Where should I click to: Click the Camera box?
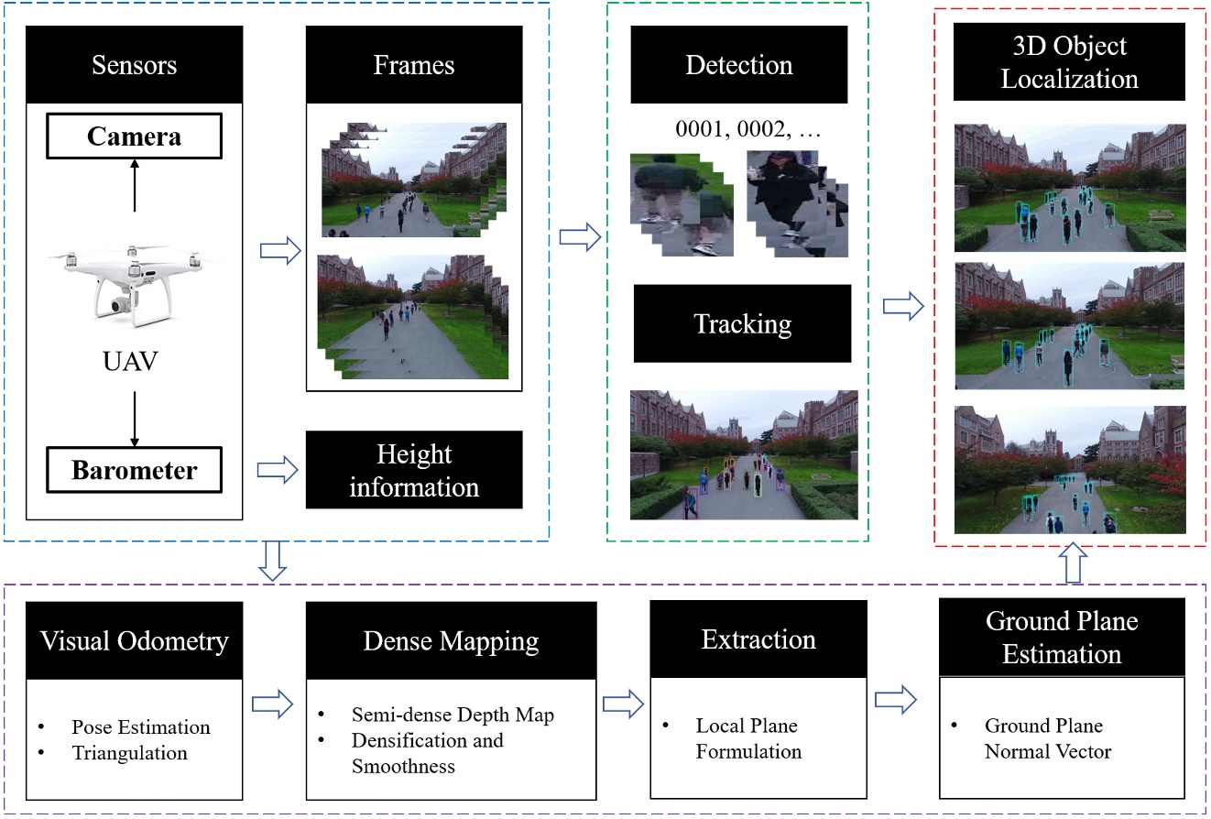click(x=134, y=137)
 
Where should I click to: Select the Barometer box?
click(x=134, y=471)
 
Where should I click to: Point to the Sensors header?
click(x=134, y=65)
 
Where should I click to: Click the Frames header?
click(x=414, y=65)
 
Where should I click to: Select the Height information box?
click(x=414, y=470)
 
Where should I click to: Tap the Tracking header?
click(x=742, y=323)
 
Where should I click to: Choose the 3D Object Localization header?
click(x=1069, y=63)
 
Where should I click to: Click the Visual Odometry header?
click(x=135, y=640)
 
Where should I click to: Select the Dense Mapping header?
click(x=451, y=640)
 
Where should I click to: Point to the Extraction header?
click(x=758, y=639)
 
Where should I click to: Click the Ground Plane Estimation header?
click(x=1062, y=638)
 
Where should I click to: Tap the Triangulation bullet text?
click(x=129, y=753)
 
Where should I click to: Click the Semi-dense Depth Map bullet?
click(x=453, y=715)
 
